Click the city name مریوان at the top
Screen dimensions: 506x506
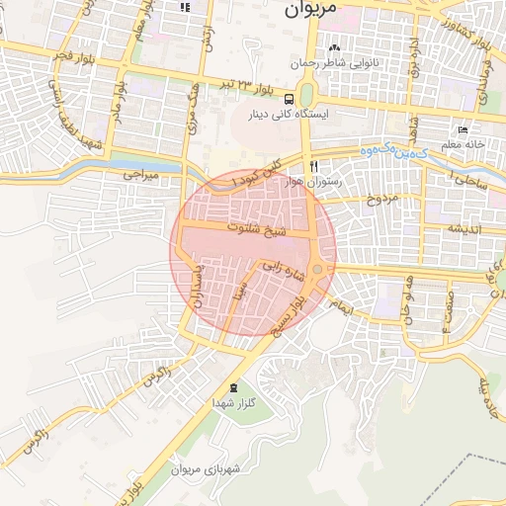pyautogui.click(x=309, y=9)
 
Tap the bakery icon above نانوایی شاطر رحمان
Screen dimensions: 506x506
pyautogui.click(x=334, y=47)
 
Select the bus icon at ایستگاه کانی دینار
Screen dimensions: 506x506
pyautogui.click(x=289, y=99)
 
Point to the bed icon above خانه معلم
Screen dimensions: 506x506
pyautogui.click(x=463, y=130)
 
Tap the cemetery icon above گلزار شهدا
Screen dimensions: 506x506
pyautogui.click(x=233, y=387)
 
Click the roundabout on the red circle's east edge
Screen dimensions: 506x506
pyautogui.click(x=318, y=269)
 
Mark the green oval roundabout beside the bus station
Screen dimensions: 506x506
pyautogui.click(x=306, y=96)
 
